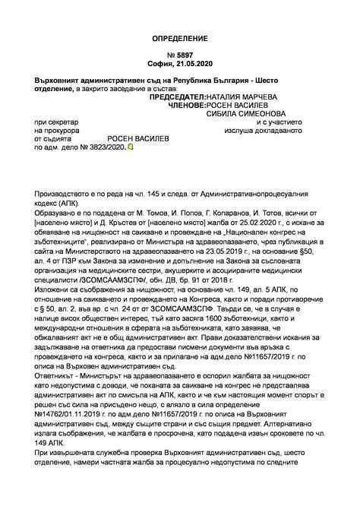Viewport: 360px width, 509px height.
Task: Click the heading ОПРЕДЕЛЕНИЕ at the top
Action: coord(180,37)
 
